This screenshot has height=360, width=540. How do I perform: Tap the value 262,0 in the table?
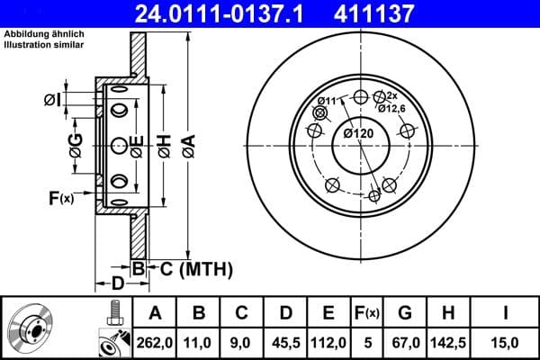coord(154,342)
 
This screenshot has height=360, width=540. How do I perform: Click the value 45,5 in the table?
coord(287,342)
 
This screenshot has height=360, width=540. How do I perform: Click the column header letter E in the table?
coord(329,313)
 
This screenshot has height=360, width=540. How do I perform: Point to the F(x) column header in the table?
coord(367,313)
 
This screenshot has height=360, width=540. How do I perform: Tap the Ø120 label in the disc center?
coord(358,134)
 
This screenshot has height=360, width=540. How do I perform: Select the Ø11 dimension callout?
coord(329,101)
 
